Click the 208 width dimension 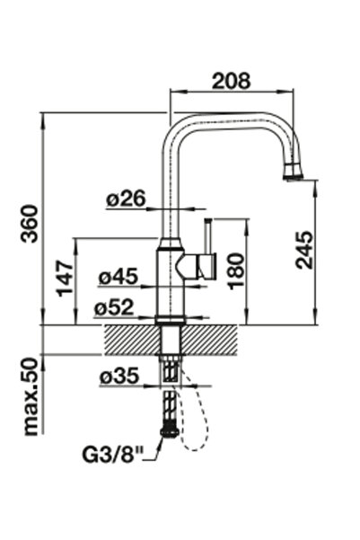pos(232,81)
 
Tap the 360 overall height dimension pos(30,224)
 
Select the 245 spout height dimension pos(304,250)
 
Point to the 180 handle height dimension pos(236,271)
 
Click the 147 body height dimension pos(65,279)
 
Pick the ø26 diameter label pos(126,199)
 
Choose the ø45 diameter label pos(119,277)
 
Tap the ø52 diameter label pos(114,307)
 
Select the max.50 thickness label pos(31,397)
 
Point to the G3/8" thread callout pos(112,454)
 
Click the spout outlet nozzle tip pos(294,176)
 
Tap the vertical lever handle pos(208,236)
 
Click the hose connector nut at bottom pos(170,432)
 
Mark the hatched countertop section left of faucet pos(132,341)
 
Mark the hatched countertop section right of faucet pos(210,341)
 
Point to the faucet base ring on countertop pos(171,320)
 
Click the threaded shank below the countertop pos(171,369)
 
